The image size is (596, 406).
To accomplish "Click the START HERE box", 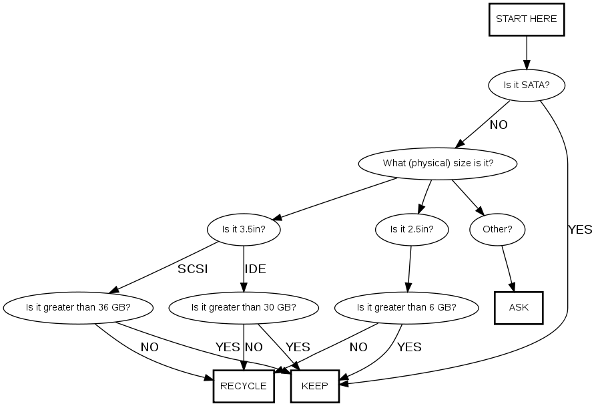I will (526, 19).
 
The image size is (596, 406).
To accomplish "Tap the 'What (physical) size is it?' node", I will (438, 163).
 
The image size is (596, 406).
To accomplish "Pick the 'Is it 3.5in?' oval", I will (244, 230).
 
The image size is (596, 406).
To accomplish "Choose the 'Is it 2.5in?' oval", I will (412, 230).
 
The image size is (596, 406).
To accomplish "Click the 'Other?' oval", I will (497, 230).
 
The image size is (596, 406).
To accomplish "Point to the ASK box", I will (519, 308).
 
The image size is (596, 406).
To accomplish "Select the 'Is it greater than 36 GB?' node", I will (78, 308).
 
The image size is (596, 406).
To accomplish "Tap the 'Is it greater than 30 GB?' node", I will (244, 308).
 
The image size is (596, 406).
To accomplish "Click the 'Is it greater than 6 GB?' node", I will (406, 308).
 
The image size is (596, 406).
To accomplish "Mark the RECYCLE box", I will (244, 386).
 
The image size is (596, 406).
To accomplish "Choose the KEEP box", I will (314, 386).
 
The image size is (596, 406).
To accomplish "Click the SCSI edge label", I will (193, 270).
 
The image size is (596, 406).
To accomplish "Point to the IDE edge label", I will (256, 270).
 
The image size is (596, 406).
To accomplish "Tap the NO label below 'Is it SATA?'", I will (499, 125).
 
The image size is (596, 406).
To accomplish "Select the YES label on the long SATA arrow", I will (580, 230).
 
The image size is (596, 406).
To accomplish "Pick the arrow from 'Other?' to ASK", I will (508, 268).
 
